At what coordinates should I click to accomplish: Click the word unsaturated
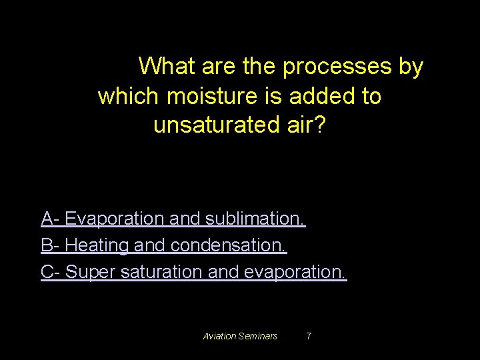pos(213,125)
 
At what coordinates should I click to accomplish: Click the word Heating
pos(97,245)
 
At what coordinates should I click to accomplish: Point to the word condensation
pos(229,245)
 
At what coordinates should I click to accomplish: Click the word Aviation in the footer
pos(220,336)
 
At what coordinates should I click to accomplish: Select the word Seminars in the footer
pos(258,336)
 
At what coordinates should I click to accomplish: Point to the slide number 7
pos(308,336)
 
